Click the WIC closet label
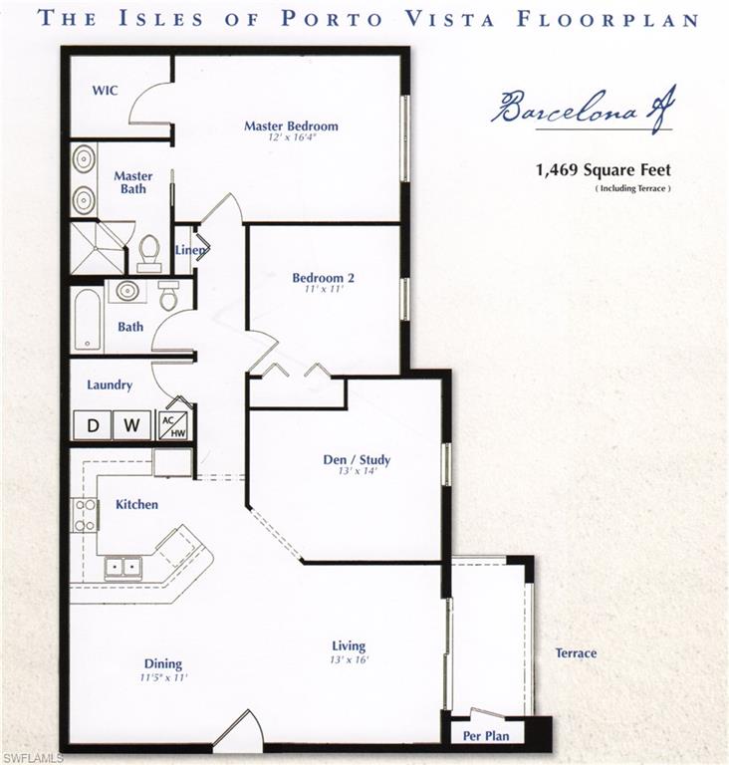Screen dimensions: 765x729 106,91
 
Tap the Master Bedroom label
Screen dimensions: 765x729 291,127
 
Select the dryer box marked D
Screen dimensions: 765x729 93,425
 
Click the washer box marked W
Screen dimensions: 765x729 132,425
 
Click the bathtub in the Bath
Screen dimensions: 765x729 87,319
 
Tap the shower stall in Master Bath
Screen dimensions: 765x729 97,247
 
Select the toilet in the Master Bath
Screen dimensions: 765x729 149,252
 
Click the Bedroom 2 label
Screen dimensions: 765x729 324,278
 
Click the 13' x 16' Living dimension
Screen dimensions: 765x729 349,660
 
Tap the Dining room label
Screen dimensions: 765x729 162,664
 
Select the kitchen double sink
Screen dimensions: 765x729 124,568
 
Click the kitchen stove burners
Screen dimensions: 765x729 86,515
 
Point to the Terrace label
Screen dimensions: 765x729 576,653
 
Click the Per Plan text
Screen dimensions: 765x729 486,736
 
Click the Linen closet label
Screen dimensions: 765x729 188,250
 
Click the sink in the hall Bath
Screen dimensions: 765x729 127,291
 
